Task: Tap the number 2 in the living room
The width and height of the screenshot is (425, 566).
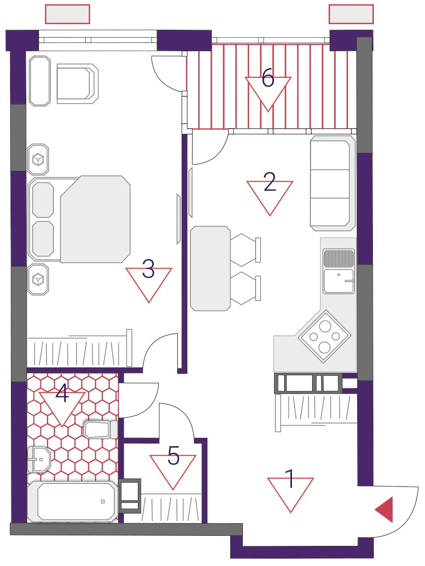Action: point(270,182)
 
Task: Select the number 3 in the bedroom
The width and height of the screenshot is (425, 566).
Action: point(148,269)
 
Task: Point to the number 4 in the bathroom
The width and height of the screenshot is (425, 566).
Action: point(62,393)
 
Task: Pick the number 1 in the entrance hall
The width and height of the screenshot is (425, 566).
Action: point(290,479)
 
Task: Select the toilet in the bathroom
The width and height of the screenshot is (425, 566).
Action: point(101,430)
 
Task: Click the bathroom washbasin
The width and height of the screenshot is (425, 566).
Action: point(39,460)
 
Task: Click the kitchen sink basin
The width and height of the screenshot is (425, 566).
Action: point(338,281)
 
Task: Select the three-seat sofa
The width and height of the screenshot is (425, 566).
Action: point(333,183)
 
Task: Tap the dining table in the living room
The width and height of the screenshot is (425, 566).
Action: point(210,269)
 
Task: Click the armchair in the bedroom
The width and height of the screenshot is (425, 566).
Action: point(77,84)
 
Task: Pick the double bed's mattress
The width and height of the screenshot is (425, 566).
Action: point(95,219)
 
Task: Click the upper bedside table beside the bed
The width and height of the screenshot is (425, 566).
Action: point(38,160)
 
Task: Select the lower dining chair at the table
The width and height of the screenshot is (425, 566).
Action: point(245,288)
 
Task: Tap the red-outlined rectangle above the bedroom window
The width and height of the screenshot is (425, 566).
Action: point(67,14)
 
